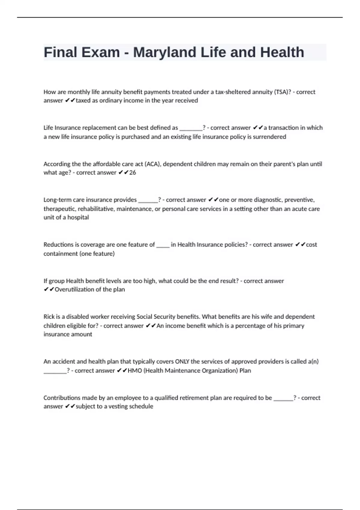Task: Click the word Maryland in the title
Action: click(x=165, y=52)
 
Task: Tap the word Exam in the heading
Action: click(x=100, y=52)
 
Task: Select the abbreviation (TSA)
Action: click(x=282, y=92)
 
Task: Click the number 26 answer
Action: click(x=132, y=172)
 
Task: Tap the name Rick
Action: click(x=49, y=316)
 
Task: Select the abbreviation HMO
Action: click(x=135, y=370)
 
